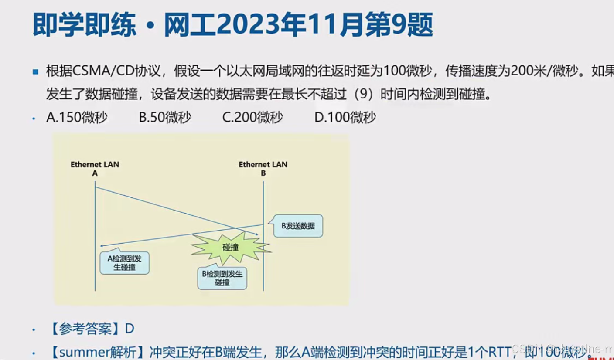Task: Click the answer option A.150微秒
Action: click(x=77, y=117)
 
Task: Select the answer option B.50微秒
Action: click(x=165, y=117)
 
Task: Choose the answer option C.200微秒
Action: click(x=252, y=117)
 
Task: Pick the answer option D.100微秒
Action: click(x=345, y=117)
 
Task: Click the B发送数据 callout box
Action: click(x=298, y=226)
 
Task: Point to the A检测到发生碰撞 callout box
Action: click(x=124, y=262)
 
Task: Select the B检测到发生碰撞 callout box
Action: click(x=222, y=278)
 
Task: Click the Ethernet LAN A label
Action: click(x=95, y=169)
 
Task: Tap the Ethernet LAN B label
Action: click(x=263, y=169)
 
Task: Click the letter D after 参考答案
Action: click(x=130, y=329)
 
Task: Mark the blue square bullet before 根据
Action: click(x=36, y=71)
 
